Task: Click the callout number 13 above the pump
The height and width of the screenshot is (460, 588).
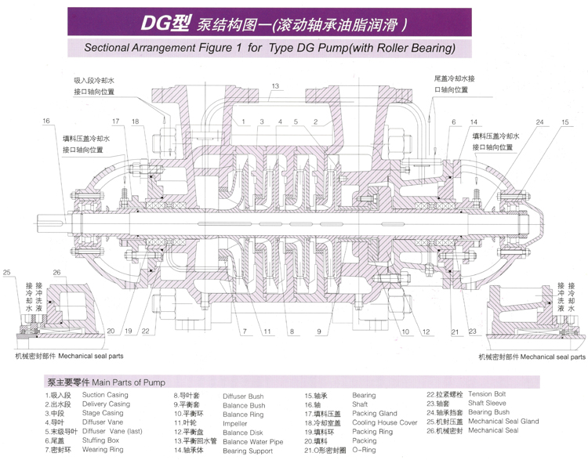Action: coord(276,85)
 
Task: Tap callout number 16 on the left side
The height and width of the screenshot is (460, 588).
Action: coord(46,121)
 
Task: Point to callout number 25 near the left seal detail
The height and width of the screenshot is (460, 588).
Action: coord(8,272)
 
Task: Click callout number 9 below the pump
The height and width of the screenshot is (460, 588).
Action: coord(319,332)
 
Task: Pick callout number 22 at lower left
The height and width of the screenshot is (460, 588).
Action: coord(147,332)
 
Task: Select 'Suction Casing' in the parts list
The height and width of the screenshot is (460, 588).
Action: coord(107,396)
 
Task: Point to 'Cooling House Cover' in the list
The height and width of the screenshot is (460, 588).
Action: coord(385,422)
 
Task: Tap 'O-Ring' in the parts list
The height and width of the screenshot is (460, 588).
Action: coord(366,451)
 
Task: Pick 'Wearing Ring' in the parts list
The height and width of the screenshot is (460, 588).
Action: coord(102,451)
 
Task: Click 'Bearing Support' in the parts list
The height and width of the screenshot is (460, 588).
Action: coord(247,451)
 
